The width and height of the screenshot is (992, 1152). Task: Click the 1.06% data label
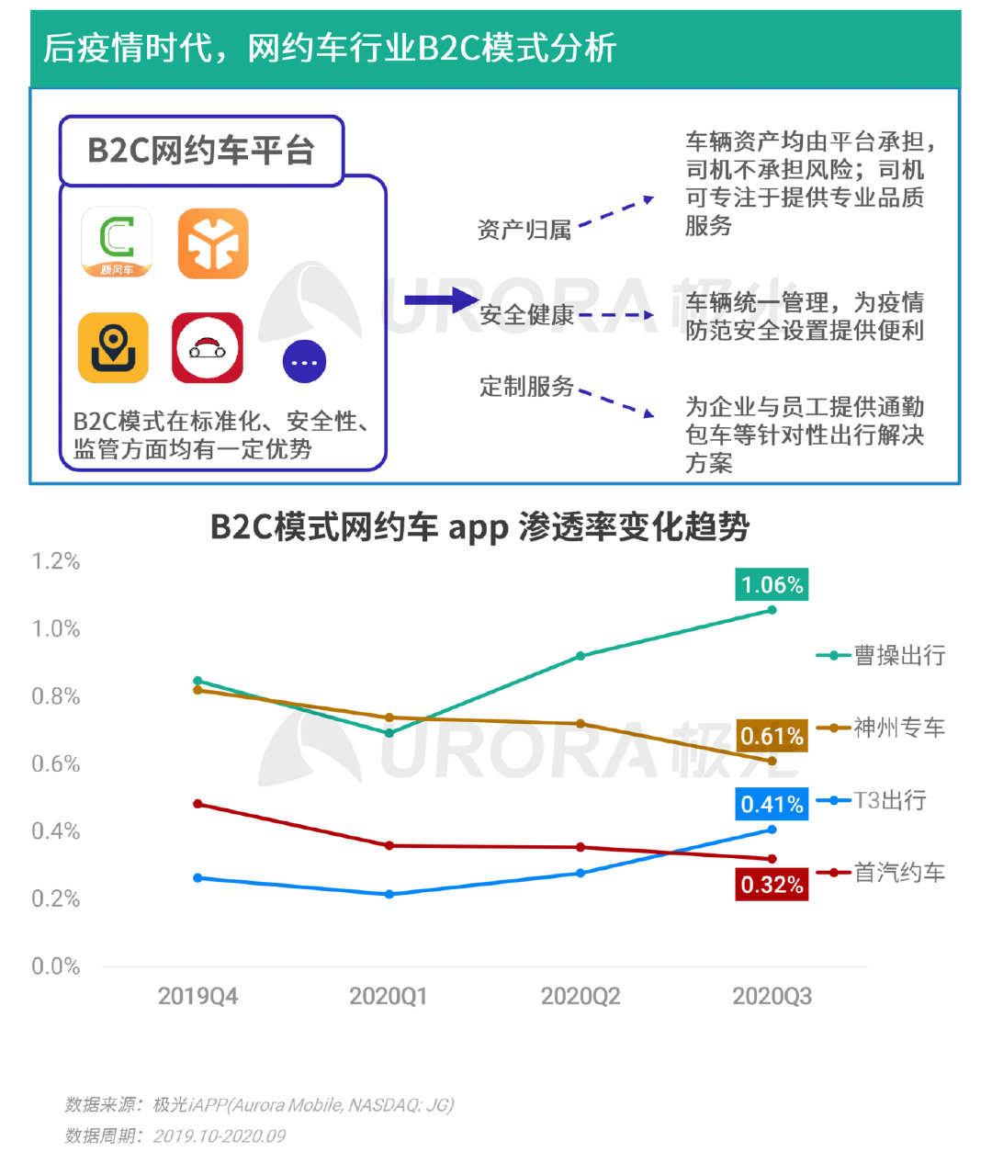772,585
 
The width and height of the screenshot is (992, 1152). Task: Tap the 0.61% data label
772,736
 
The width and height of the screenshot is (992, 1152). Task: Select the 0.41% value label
772,805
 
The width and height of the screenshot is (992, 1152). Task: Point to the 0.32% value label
772,885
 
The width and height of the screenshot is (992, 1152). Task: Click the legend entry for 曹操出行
882,655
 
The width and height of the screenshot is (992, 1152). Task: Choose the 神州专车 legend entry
882,728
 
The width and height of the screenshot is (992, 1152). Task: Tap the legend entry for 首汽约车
882,872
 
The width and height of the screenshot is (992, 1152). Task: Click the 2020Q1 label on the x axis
389,997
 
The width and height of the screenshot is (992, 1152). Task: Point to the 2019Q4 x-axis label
197,997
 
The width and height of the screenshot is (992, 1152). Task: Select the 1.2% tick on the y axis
56,561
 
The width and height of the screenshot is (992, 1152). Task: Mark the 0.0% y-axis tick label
56,966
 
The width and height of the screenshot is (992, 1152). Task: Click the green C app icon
117,243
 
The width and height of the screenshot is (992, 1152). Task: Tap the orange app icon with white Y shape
213,243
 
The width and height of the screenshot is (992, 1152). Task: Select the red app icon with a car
208,347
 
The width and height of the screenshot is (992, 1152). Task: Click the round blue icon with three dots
304,362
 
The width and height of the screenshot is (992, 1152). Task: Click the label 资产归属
524,230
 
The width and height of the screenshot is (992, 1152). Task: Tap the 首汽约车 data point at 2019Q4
197,804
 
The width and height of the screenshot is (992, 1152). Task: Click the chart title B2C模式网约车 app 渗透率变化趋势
479,527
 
